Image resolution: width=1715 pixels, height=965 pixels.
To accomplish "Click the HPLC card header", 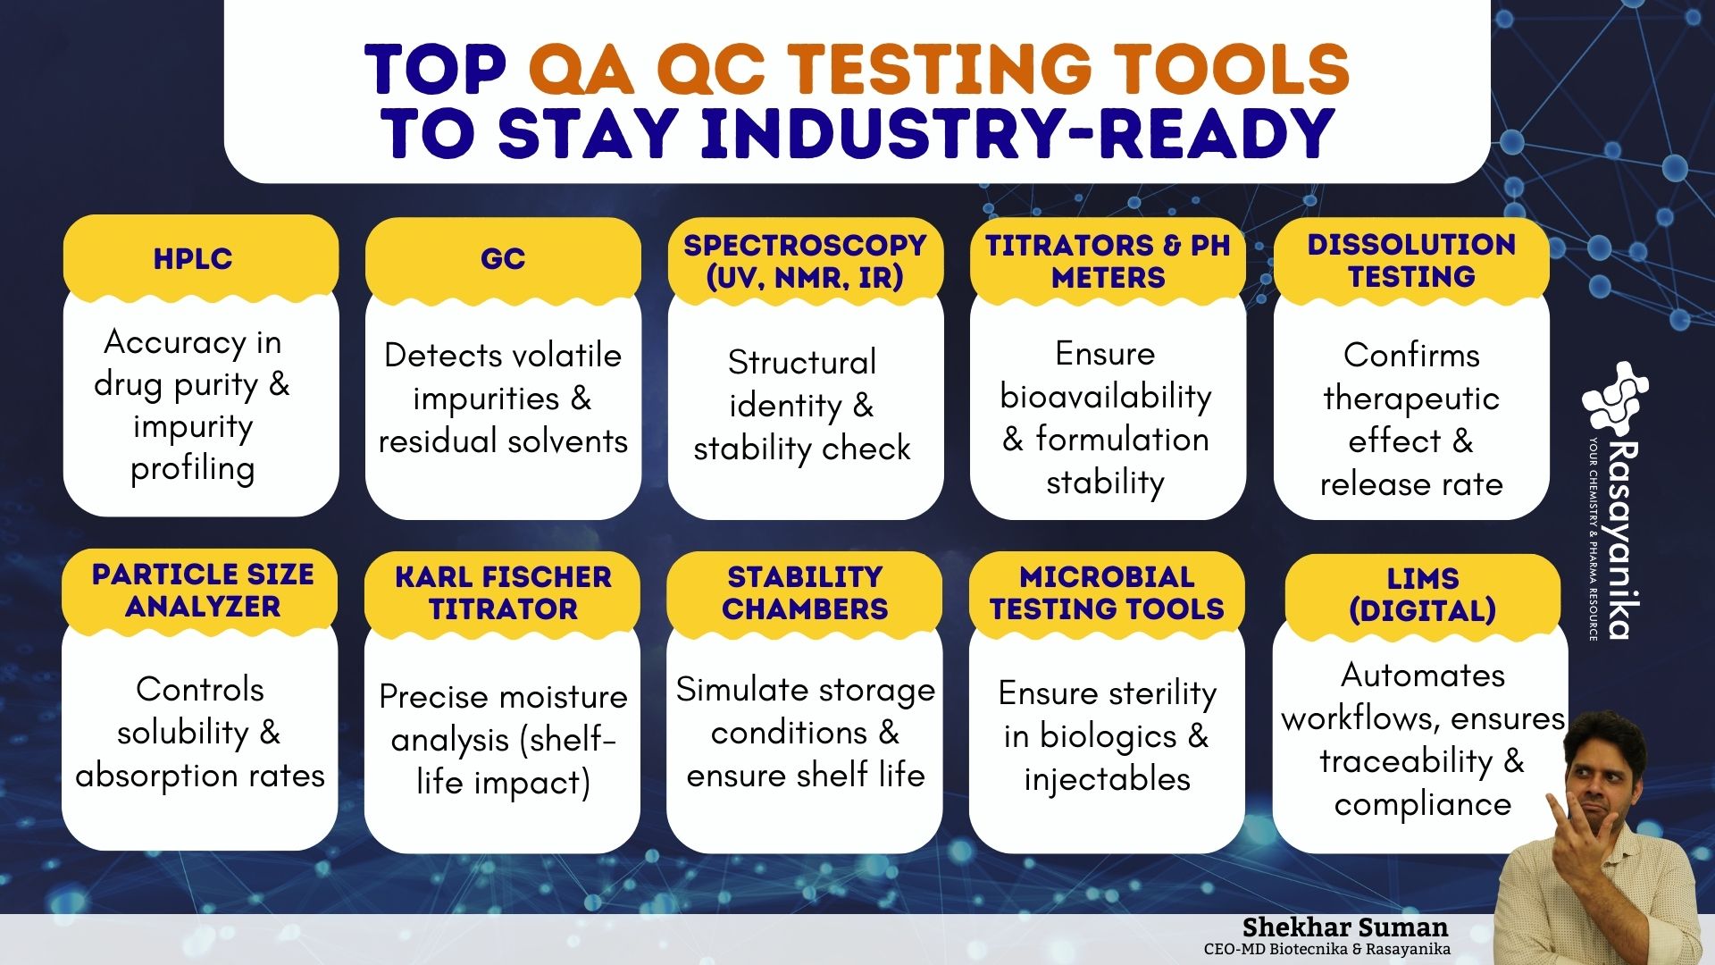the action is (193, 259).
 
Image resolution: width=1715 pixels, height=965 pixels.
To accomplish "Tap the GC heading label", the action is (503, 259).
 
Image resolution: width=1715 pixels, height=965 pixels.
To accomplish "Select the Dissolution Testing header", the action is (1411, 260).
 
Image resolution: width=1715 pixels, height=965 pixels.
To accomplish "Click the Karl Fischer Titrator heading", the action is (503, 592).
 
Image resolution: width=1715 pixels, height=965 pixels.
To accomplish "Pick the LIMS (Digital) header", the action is (1423, 594).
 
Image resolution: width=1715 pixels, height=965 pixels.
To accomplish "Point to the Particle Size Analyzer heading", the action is (203, 590).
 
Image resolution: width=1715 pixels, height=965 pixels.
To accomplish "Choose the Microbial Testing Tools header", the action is (1107, 592).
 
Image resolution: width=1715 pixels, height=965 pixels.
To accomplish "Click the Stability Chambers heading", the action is (805, 592).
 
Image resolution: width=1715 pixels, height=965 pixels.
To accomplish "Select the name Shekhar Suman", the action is (1345, 927).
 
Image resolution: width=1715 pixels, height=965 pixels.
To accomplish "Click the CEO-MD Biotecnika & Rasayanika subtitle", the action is (1327, 949).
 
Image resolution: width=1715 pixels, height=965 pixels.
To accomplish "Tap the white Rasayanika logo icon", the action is (1615, 397).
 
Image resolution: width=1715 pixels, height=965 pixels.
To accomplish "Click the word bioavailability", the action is (1106, 397).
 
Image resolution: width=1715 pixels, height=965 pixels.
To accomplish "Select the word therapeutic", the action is (1411, 399).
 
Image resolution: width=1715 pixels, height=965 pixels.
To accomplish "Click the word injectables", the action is (1108, 779).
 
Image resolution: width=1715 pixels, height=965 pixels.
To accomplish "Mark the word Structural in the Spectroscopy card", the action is (802, 362).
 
